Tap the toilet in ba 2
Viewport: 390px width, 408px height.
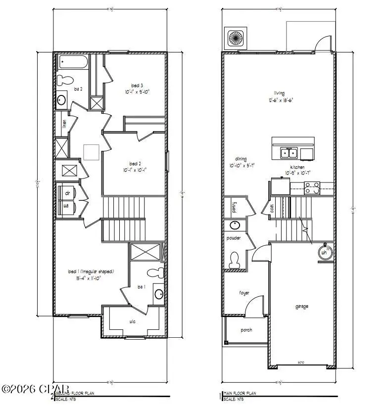pos(64,80)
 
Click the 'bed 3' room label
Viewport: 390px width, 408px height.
pos(137,85)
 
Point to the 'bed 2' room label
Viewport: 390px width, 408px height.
pos(136,164)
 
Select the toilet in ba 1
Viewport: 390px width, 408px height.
pos(156,272)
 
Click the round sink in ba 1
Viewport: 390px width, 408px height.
pos(158,294)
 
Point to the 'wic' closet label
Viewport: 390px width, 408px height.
pos(133,321)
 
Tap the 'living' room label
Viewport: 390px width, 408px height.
pos(281,93)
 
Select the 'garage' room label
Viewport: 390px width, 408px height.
pos(301,307)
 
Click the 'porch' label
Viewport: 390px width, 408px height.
pos(246,330)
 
